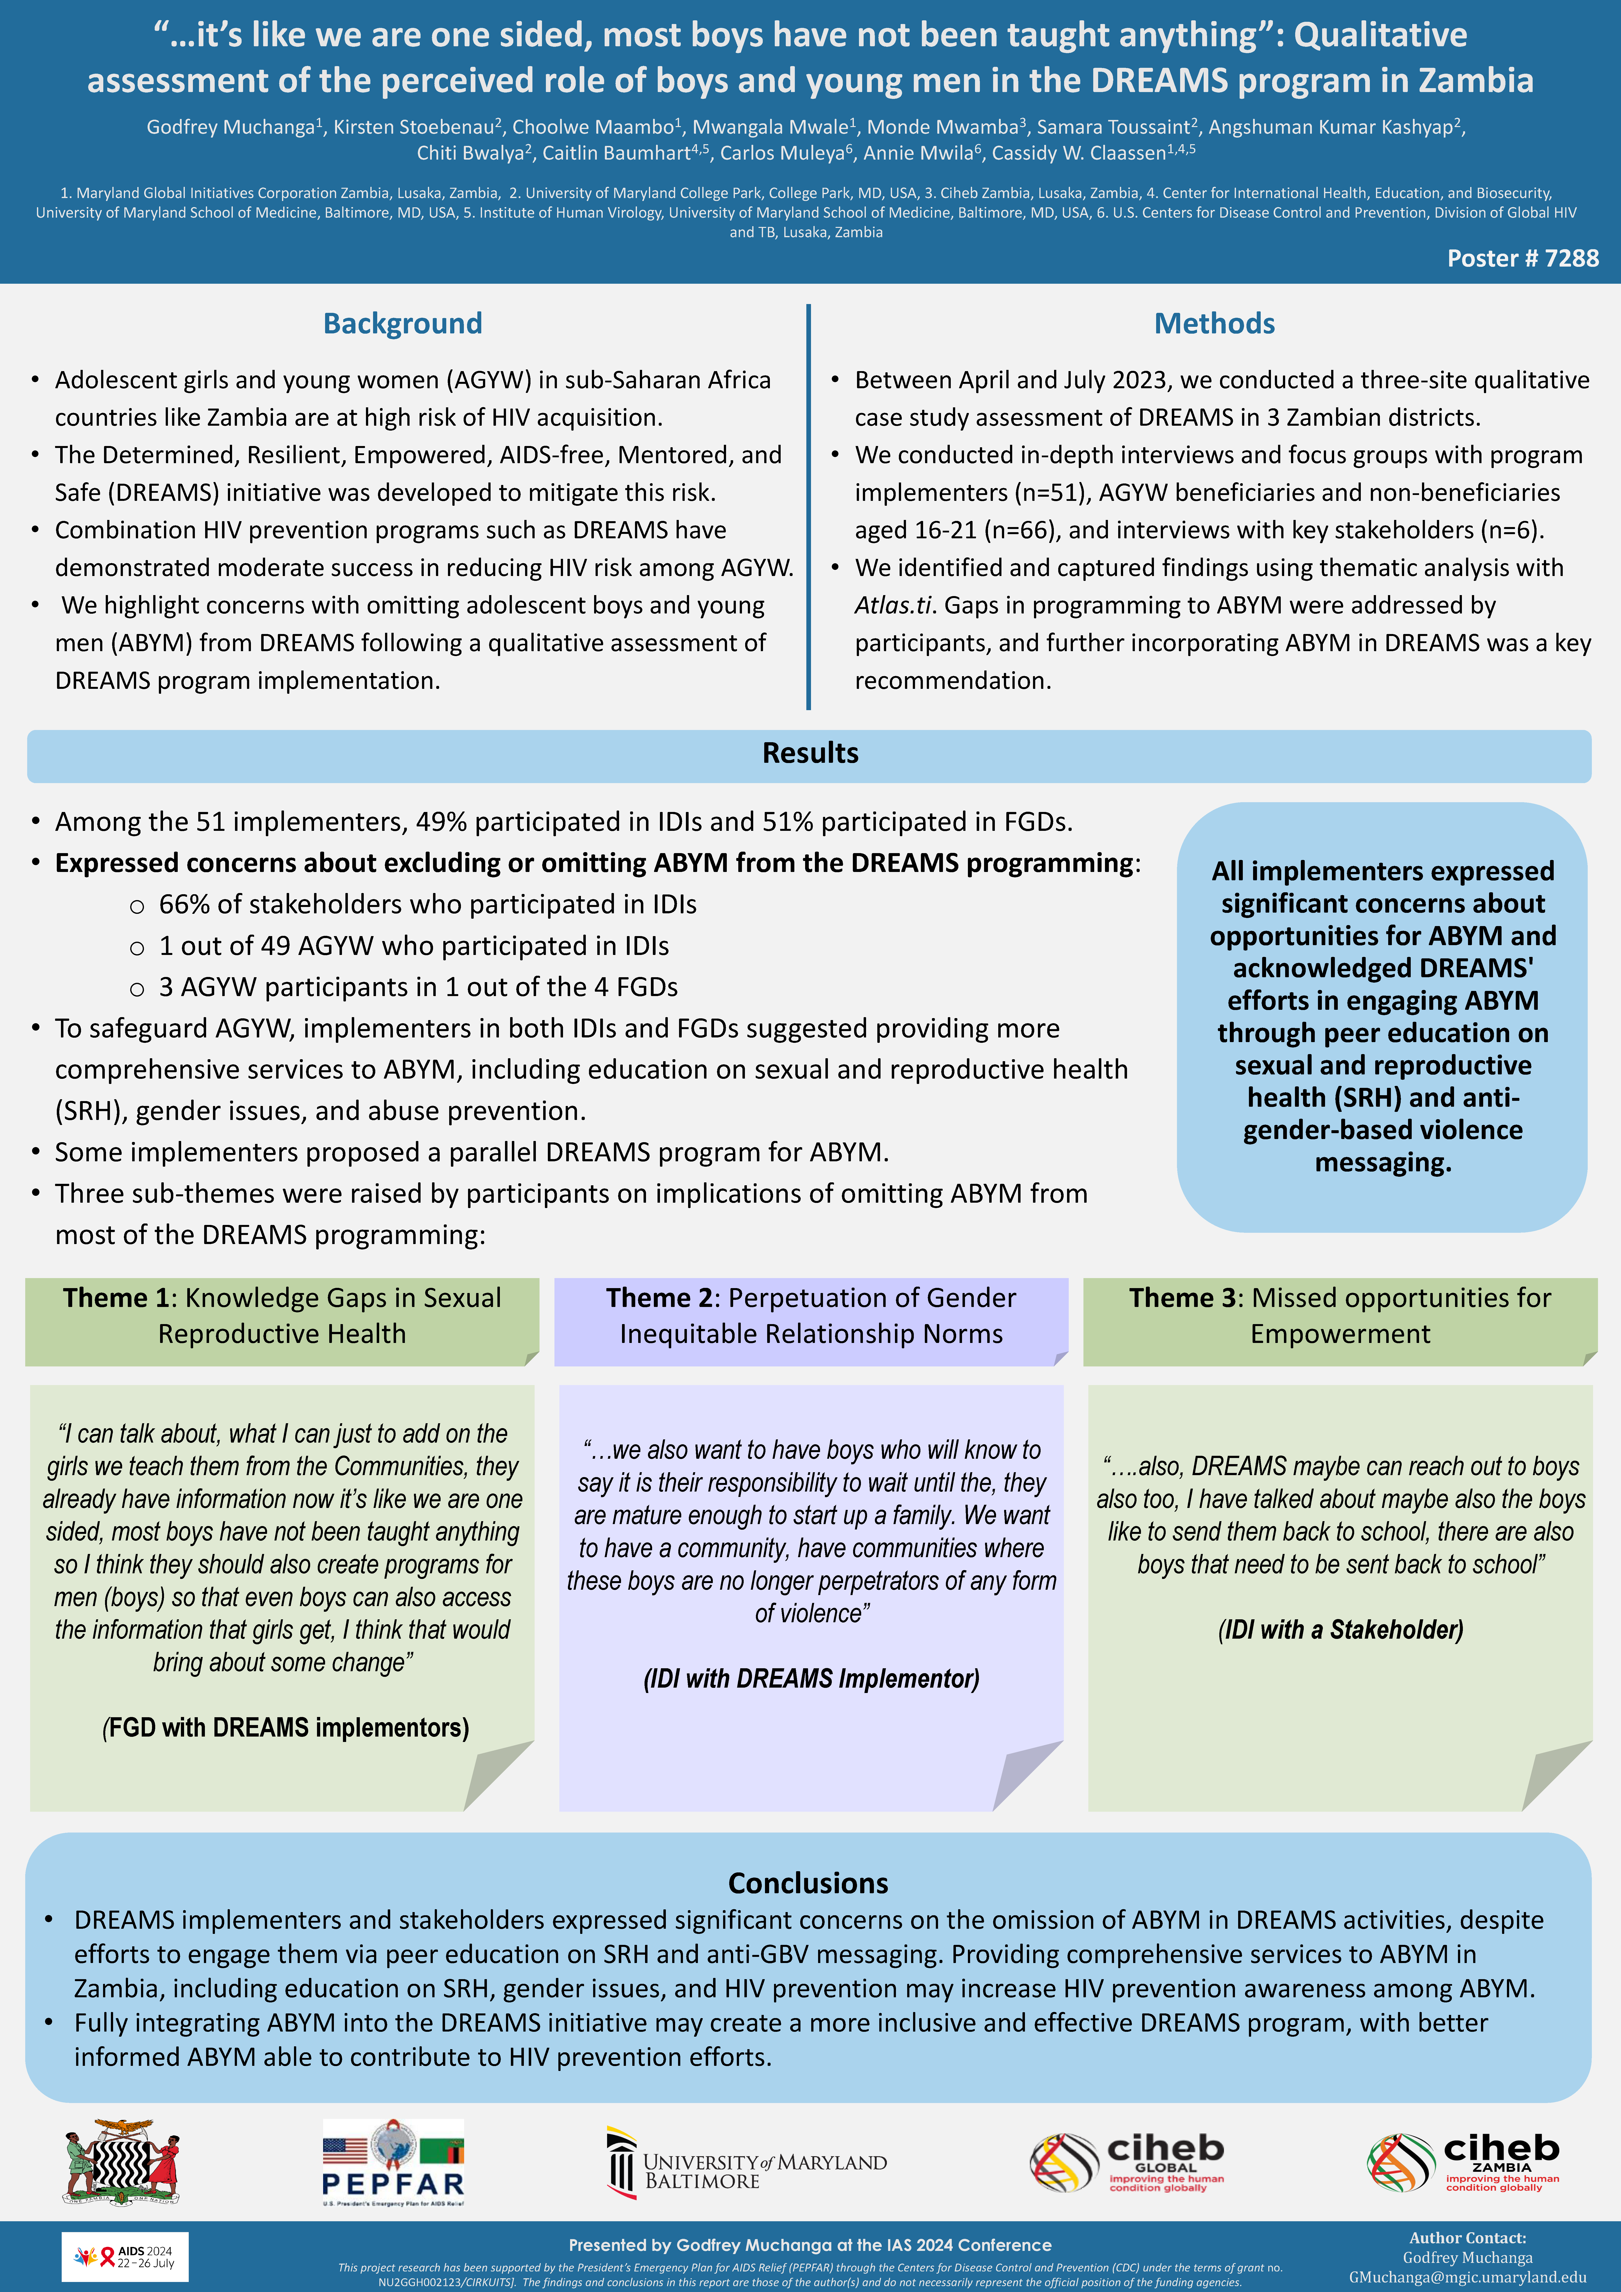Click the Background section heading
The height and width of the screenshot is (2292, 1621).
tap(402, 323)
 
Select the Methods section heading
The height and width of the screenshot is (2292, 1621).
tap(1214, 323)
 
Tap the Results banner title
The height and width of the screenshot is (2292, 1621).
tap(810, 753)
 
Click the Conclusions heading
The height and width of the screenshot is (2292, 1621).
tap(808, 1883)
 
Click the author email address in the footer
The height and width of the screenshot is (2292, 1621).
tap(1467, 2277)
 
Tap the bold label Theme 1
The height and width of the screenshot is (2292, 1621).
tap(116, 1298)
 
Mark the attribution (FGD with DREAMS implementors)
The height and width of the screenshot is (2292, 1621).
tap(285, 1728)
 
